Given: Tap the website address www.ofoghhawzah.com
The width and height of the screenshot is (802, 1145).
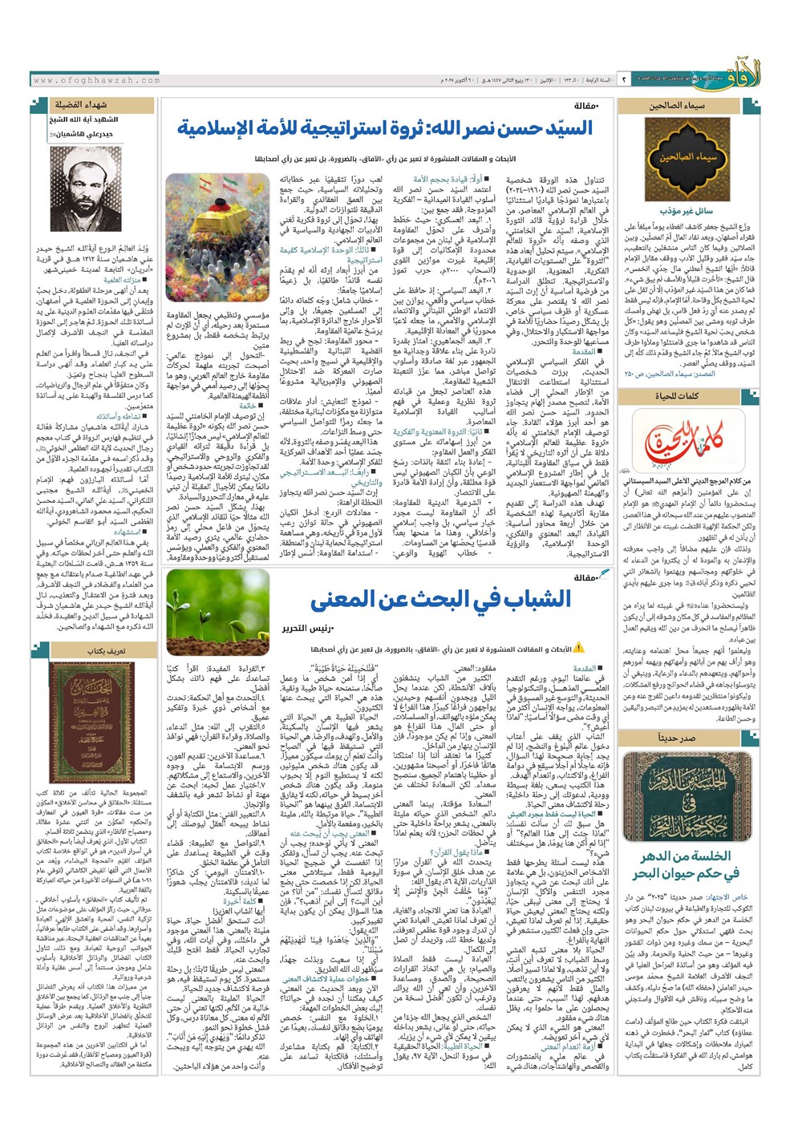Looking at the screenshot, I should coord(98,80).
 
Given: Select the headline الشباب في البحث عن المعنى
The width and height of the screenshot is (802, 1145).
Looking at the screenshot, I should coord(440,598).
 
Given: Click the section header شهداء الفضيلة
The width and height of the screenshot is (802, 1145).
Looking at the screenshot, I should coord(83,104).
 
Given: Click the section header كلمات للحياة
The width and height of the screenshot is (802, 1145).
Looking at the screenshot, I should coord(678,396).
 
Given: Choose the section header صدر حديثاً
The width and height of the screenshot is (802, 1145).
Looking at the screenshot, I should coord(677,738).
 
